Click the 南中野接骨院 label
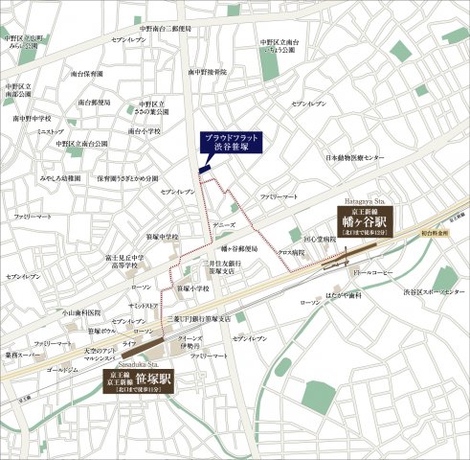(x=207, y=72)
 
